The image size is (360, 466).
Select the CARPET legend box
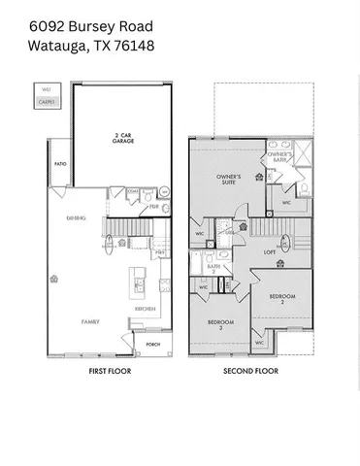pyautogui.click(x=46, y=100)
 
